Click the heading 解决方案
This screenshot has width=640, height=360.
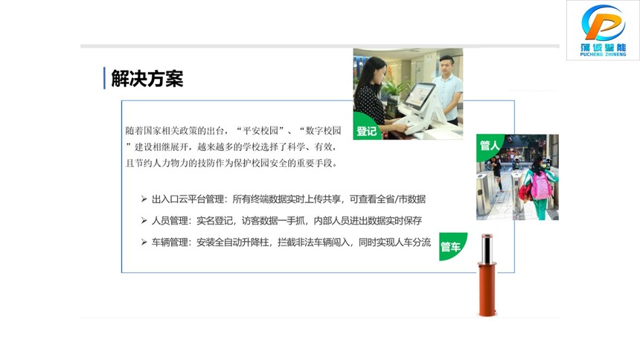click(x=147, y=78)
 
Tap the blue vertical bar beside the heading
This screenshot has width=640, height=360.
click(x=104, y=78)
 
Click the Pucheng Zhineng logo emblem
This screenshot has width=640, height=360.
click(x=604, y=23)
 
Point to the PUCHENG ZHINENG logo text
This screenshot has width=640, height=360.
click(x=604, y=54)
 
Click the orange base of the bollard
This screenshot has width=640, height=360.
click(x=487, y=289)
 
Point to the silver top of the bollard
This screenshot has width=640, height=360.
click(x=487, y=249)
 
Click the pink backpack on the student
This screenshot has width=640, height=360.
click(x=541, y=186)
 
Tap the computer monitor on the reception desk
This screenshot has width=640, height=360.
click(x=419, y=97)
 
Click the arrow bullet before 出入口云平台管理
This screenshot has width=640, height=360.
click(x=144, y=199)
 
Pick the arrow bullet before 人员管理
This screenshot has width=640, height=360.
click(x=144, y=220)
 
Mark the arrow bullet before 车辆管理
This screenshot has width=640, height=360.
click(x=144, y=242)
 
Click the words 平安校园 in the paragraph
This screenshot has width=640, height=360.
click(x=260, y=131)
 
